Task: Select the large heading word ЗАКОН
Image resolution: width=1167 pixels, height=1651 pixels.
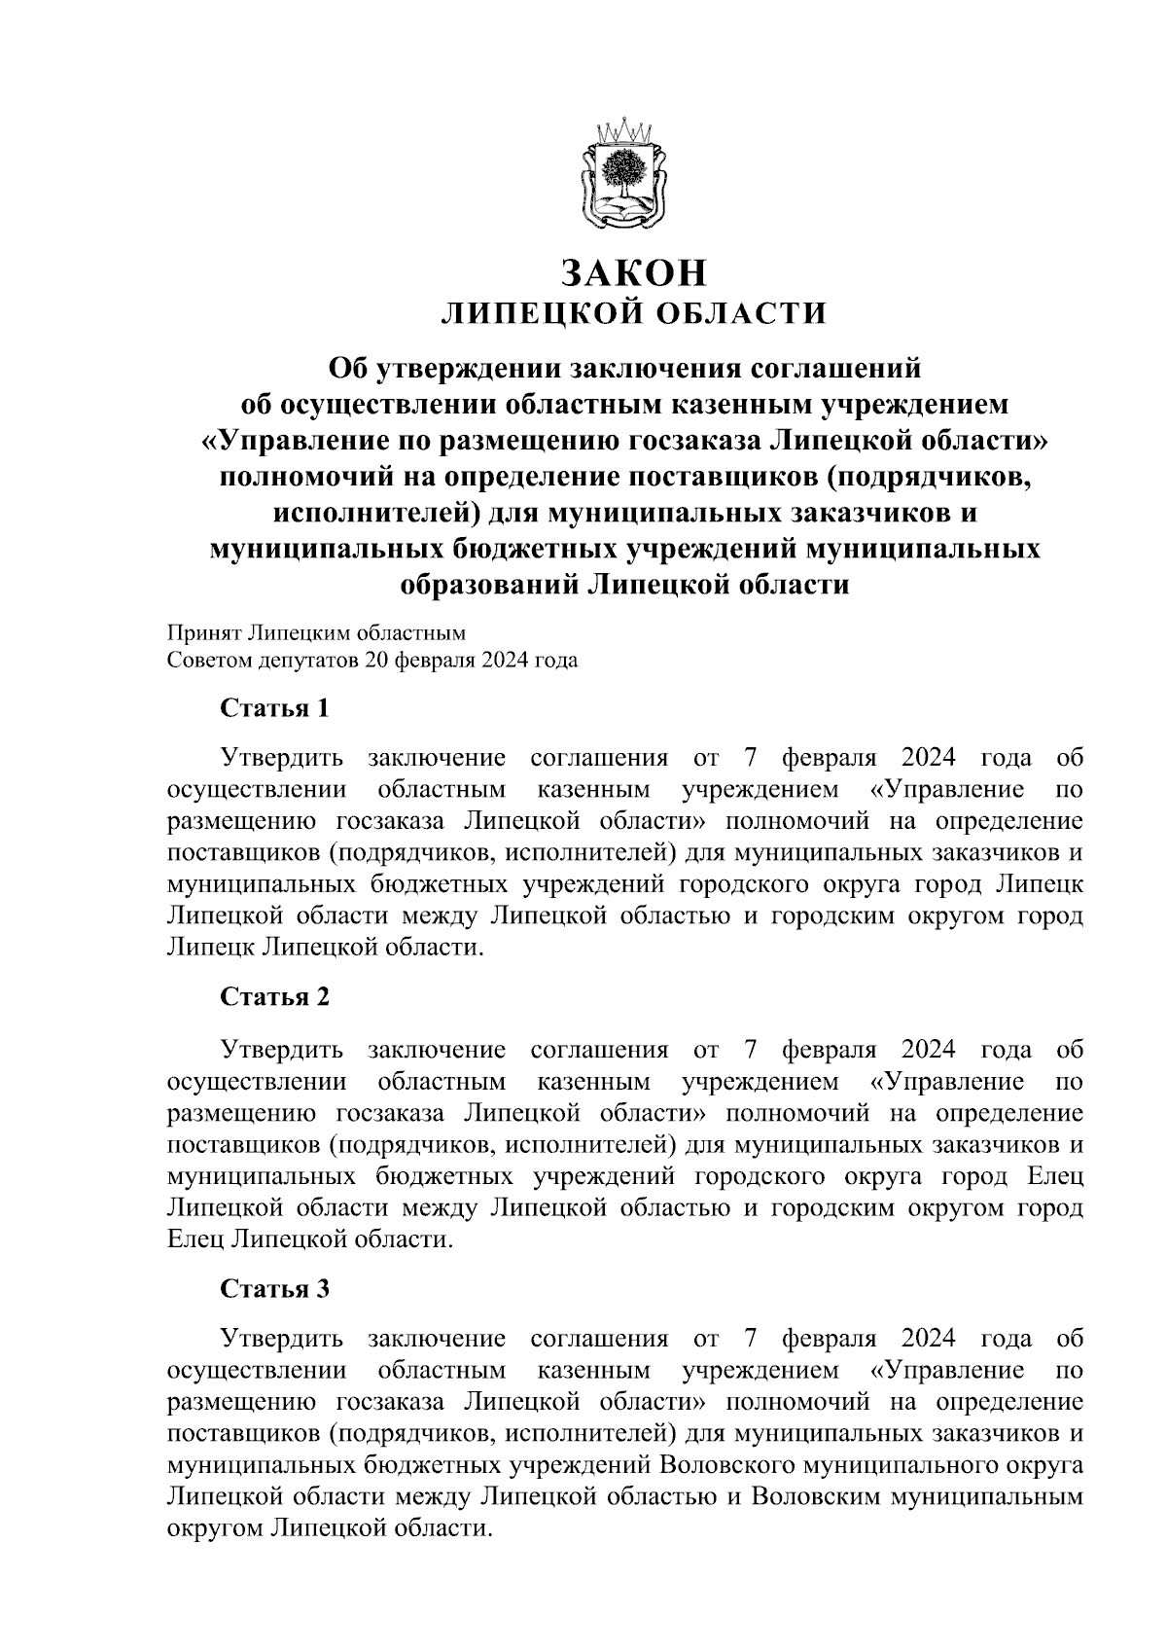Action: tap(634, 273)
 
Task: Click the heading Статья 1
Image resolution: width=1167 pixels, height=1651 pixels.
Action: tap(275, 708)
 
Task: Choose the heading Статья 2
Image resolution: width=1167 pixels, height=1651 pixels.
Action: tap(275, 998)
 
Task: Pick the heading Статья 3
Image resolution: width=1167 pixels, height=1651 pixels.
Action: tap(275, 1289)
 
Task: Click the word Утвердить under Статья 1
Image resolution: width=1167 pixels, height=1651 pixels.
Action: tap(283, 758)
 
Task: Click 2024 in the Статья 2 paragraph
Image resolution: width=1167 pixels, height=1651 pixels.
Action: tap(929, 1050)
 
